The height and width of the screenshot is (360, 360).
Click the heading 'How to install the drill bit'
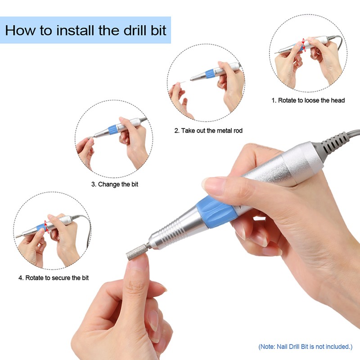point(85,30)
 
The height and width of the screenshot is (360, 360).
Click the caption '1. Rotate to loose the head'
point(308,100)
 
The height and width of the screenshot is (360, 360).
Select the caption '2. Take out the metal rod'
point(208,130)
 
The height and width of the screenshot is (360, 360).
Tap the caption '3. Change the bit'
point(115,184)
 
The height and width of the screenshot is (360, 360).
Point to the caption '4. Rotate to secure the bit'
point(54,278)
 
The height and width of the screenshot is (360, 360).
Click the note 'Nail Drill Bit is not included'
point(306,346)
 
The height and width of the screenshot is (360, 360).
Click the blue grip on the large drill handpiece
point(216,212)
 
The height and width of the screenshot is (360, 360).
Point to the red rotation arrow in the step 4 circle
point(47,227)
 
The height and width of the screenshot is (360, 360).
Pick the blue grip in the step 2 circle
point(210,74)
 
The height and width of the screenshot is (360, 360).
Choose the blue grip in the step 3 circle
point(113,130)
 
